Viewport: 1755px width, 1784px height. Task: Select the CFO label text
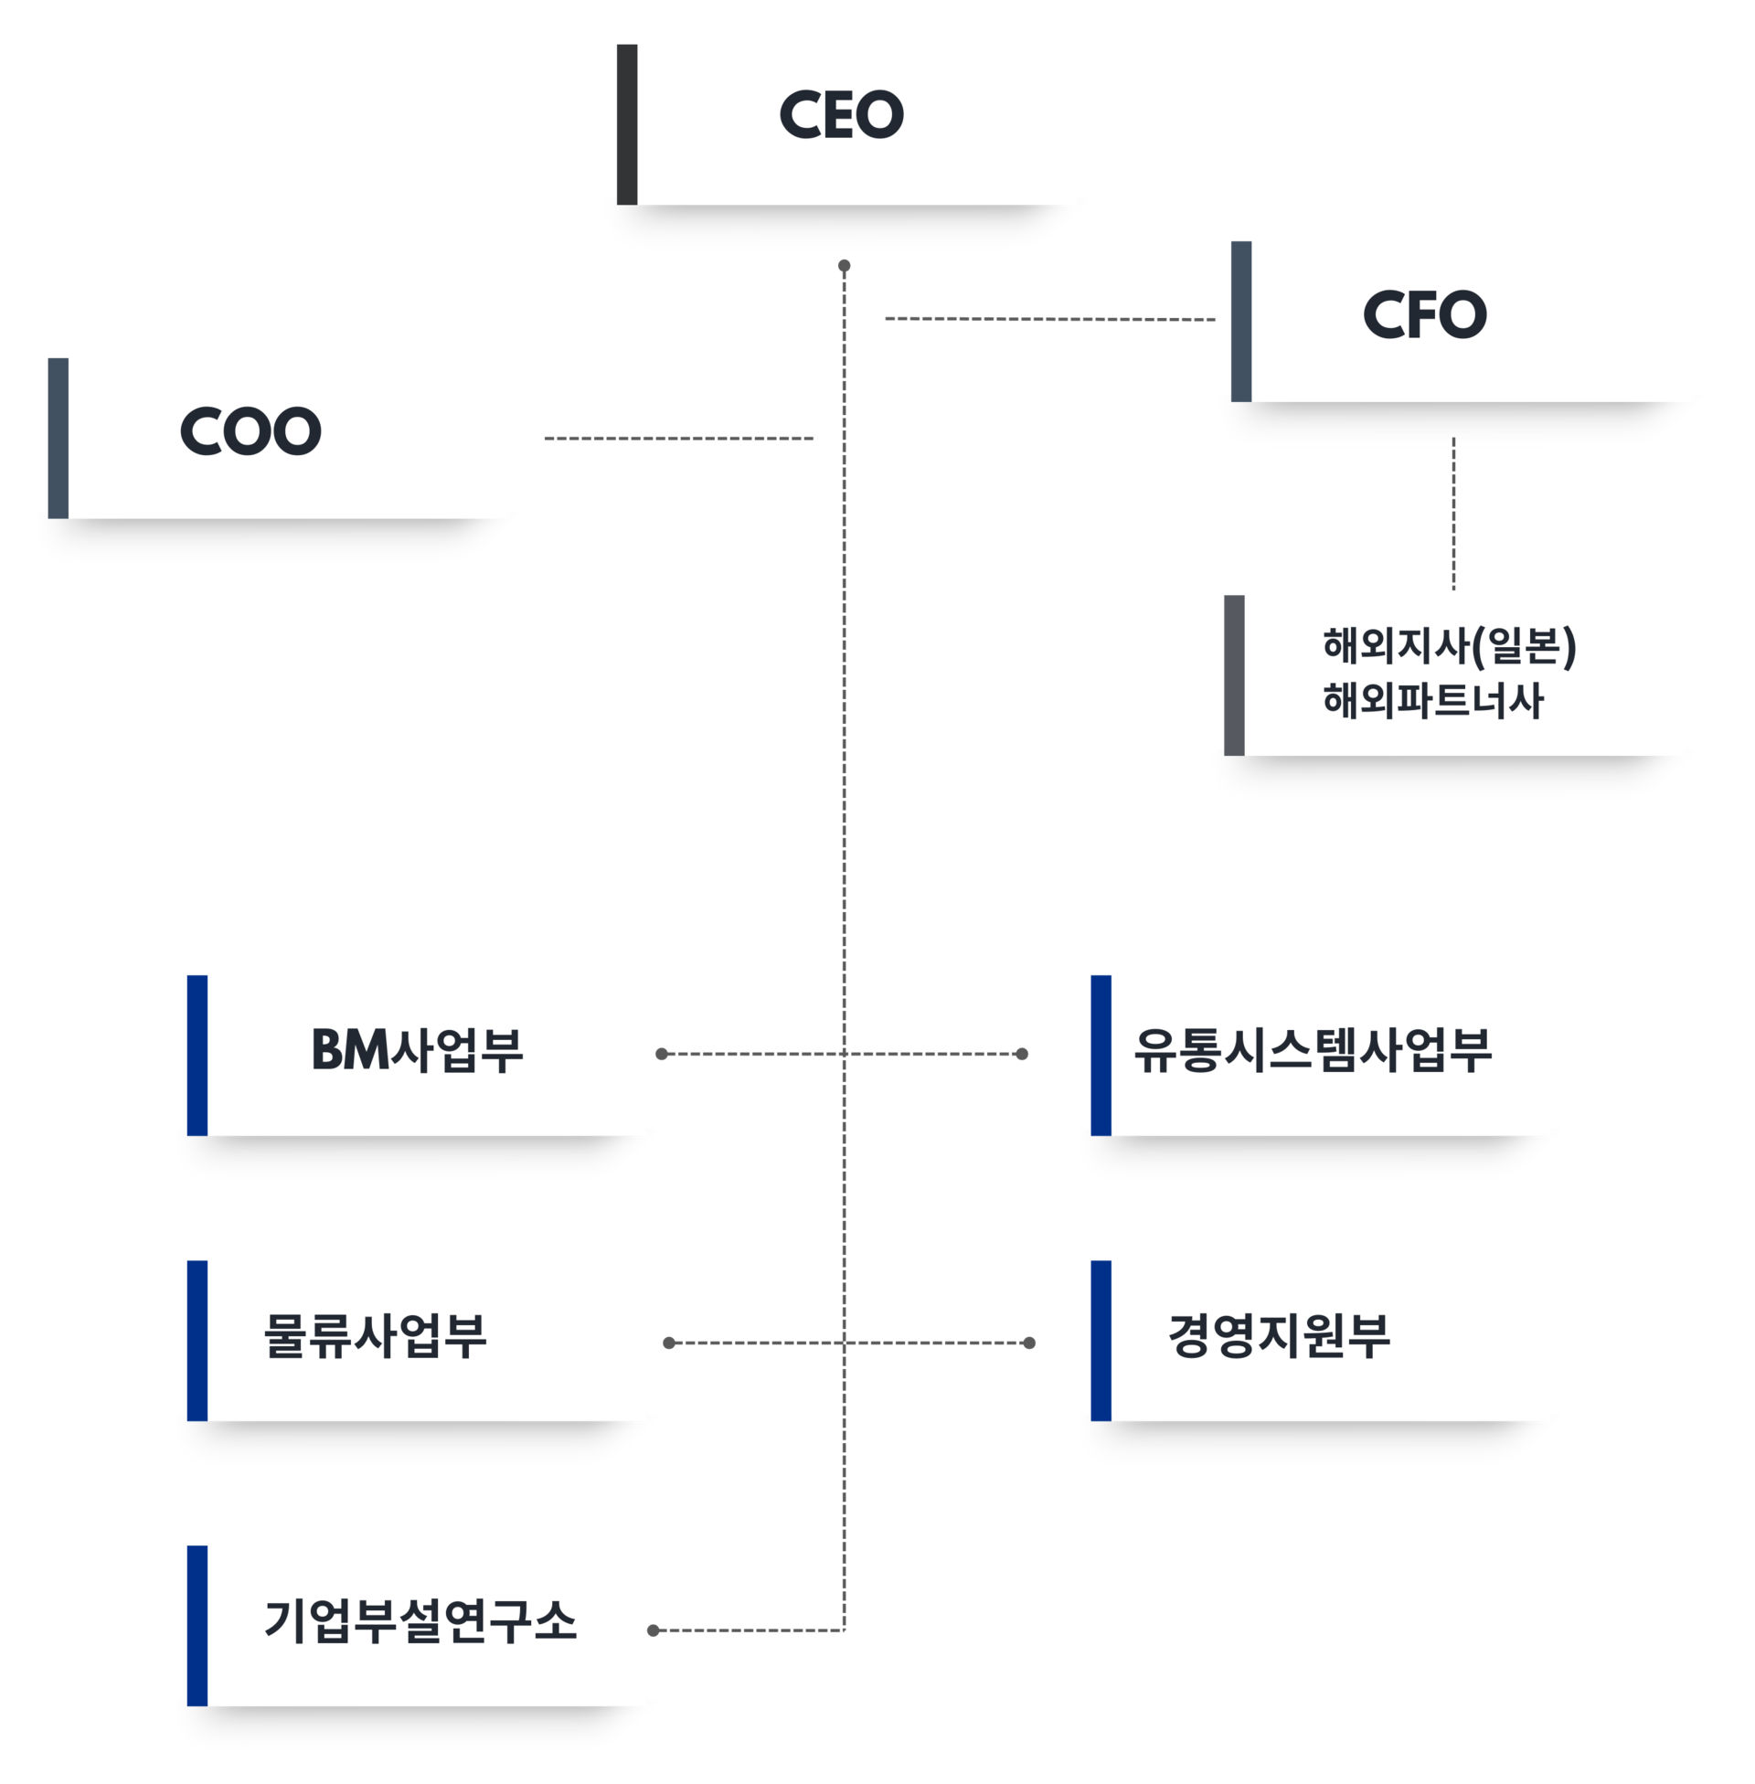(1424, 314)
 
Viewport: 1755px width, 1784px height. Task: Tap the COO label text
(250, 431)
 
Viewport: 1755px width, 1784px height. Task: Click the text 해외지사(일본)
(1449, 646)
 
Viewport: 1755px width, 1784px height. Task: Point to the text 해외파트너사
(1432, 700)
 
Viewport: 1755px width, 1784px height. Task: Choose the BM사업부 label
(417, 1049)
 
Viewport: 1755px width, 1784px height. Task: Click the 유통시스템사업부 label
(1313, 1049)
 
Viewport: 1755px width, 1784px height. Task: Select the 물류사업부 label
(374, 1335)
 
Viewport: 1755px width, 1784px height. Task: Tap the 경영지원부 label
(1279, 1335)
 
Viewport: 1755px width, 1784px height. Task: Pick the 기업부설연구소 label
(420, 1621)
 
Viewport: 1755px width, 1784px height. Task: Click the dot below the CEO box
(844, 266)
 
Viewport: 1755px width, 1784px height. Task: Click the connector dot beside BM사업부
(661, 1053)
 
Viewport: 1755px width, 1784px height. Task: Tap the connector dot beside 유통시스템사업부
(1021, 1053)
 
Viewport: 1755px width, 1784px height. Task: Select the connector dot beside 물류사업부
(669, 1343)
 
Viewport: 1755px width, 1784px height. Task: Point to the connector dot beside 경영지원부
(1029, 1343)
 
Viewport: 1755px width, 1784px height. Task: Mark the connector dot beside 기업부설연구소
(654, 1630)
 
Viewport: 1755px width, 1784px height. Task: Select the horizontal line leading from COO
(678, 439)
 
